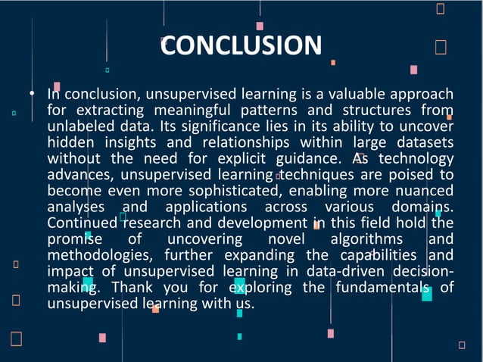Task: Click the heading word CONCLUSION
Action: coord(241,45)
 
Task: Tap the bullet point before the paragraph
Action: coord(33,94)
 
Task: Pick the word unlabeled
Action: coord(77,126)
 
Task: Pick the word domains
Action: coord(423,207)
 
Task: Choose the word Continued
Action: coord(82,223)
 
